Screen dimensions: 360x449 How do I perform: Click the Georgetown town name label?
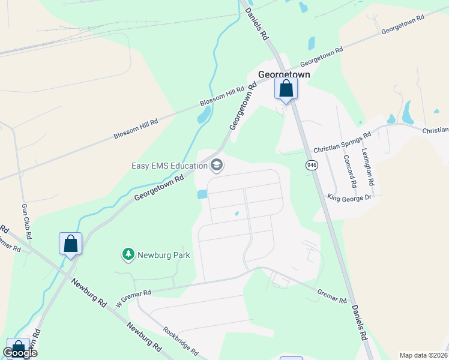[x=284, y=74]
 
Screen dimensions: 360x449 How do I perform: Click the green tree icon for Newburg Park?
[x=128, y=255]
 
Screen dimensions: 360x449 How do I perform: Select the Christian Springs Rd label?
[x=342, y=143]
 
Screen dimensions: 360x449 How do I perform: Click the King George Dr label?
[x=350, y=197]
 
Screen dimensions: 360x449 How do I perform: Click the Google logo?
[x=20, y=353]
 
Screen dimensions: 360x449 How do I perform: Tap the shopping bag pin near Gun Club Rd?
[x=70, y=244]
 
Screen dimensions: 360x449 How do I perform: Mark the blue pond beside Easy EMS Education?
[x=202, y=194]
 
